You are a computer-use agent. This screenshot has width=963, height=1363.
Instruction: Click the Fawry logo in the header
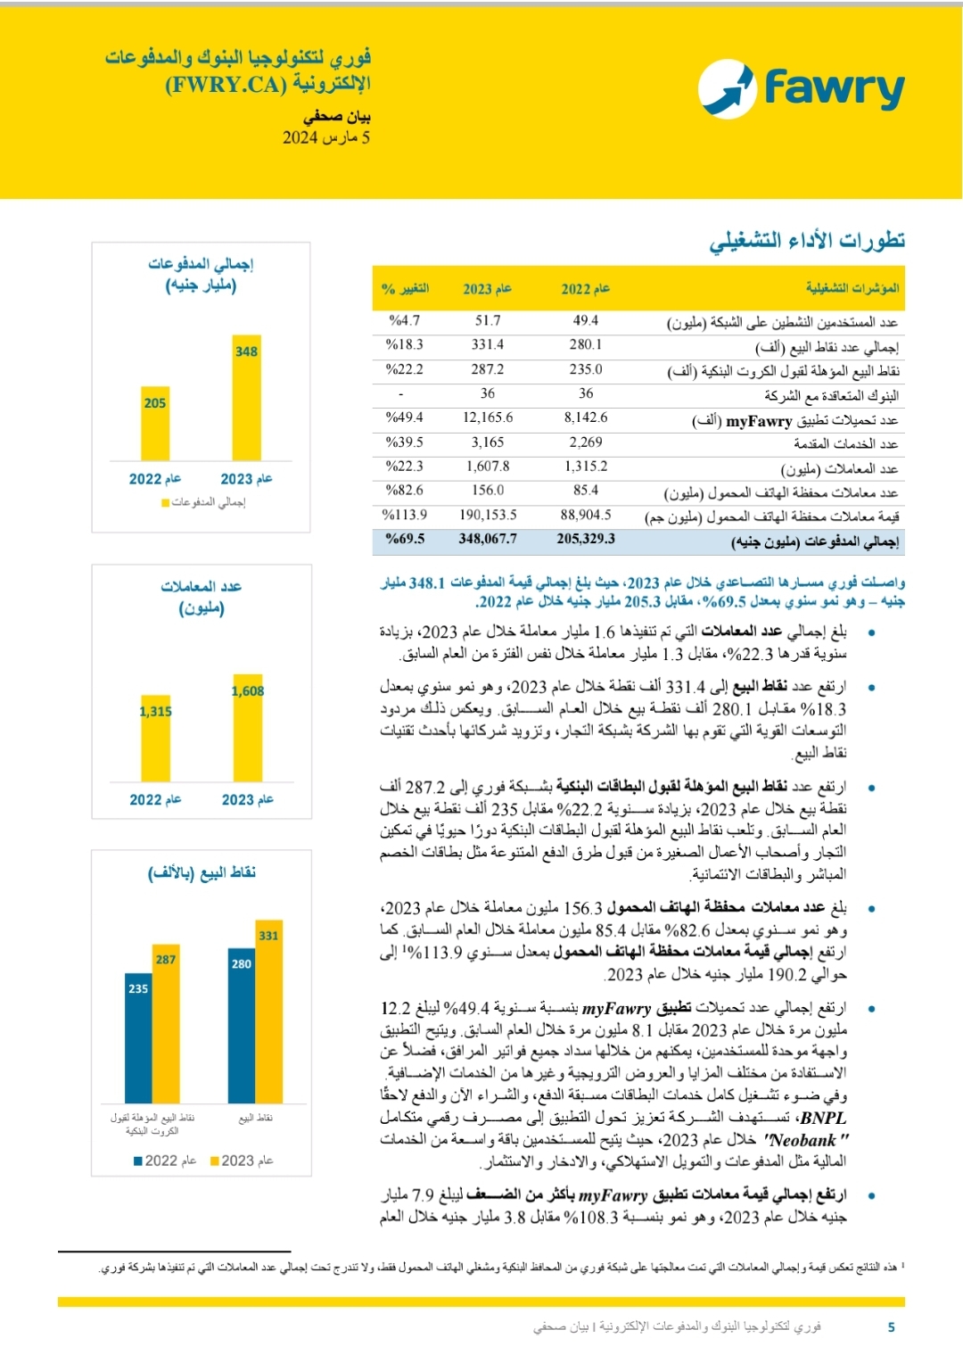pos(801,88)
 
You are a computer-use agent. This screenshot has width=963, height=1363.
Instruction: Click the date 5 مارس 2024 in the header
pos(326,137)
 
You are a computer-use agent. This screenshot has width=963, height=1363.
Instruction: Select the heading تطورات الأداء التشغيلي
pos(807,241)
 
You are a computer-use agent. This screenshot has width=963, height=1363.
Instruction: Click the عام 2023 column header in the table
pos(487,288)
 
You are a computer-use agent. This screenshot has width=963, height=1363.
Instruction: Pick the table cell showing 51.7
pos(488,320)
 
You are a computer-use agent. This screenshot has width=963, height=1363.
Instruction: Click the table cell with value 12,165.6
pos(488,417)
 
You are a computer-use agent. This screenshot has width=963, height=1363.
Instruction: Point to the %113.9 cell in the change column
pos(404,515)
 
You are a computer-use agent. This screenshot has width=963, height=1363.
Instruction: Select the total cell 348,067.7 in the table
pos(488,539)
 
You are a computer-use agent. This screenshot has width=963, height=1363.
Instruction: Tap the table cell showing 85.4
pos(586,491)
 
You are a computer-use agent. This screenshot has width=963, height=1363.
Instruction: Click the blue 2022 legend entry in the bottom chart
pos(164,1161)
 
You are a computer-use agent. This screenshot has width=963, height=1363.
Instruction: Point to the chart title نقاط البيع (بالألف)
pos(202,872)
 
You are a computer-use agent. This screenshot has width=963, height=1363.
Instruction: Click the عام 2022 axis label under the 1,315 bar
pos(155,800)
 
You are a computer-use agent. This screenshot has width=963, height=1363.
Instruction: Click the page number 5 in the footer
pos(891,1327)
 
